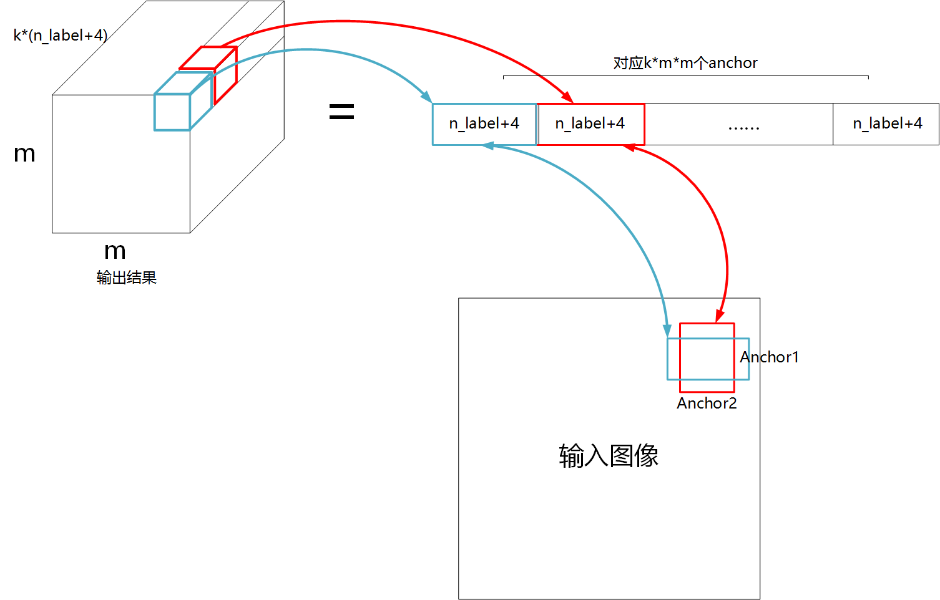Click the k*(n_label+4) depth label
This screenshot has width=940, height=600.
coord(60,36)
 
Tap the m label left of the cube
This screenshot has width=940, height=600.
coord(24,154)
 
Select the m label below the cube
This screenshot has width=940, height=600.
coord(115,251)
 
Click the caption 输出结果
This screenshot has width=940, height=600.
coord(126,278)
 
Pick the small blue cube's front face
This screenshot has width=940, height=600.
coord(172,112)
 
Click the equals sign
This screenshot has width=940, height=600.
coord(341,112)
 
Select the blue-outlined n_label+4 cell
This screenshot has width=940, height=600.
coord(484,124)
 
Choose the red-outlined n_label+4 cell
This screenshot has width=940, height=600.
coord(590,124)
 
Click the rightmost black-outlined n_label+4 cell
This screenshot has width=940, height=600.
coord(887,124)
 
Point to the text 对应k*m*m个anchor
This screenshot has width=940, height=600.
coord(685,63)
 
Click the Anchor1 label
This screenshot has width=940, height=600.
coord(770,357)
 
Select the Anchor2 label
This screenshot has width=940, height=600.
coord(707,404)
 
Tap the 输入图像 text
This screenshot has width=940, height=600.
coord(609,456)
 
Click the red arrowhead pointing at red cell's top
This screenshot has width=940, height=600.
coord(567,98)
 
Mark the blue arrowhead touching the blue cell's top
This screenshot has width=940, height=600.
coord(427,97)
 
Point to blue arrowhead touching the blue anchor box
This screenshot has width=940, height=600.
coord(667,331)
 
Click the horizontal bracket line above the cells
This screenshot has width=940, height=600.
coord(685,76)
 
